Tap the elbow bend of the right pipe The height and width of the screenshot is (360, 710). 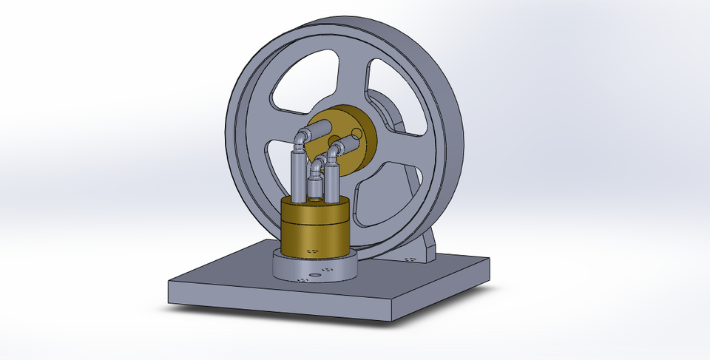click(335, 152)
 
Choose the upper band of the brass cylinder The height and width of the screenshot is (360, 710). click(314, 211)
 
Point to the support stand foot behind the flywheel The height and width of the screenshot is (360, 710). click(418, 255)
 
